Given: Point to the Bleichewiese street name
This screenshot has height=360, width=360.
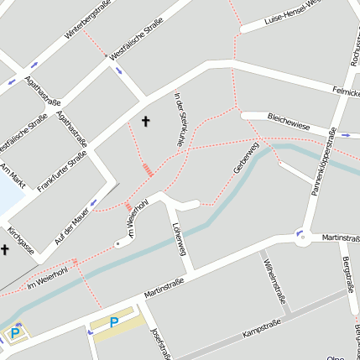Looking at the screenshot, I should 288,123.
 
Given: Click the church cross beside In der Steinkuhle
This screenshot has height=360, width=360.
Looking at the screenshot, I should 145,122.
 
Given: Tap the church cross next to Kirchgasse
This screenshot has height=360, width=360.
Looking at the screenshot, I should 4,249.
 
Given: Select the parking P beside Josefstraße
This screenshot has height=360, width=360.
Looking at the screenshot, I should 114,322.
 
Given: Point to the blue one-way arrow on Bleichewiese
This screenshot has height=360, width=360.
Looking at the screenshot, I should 345,134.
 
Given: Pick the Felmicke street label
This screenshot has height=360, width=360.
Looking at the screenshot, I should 345,90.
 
